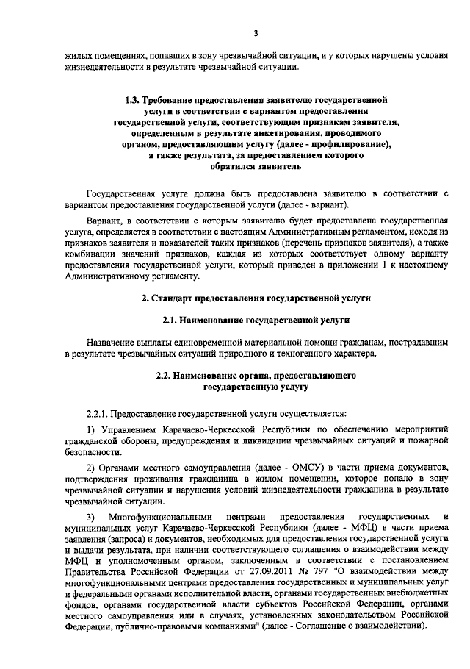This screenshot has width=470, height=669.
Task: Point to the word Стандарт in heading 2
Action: [x=171, y=298]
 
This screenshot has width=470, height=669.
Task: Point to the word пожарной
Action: [x=426, y=440]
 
